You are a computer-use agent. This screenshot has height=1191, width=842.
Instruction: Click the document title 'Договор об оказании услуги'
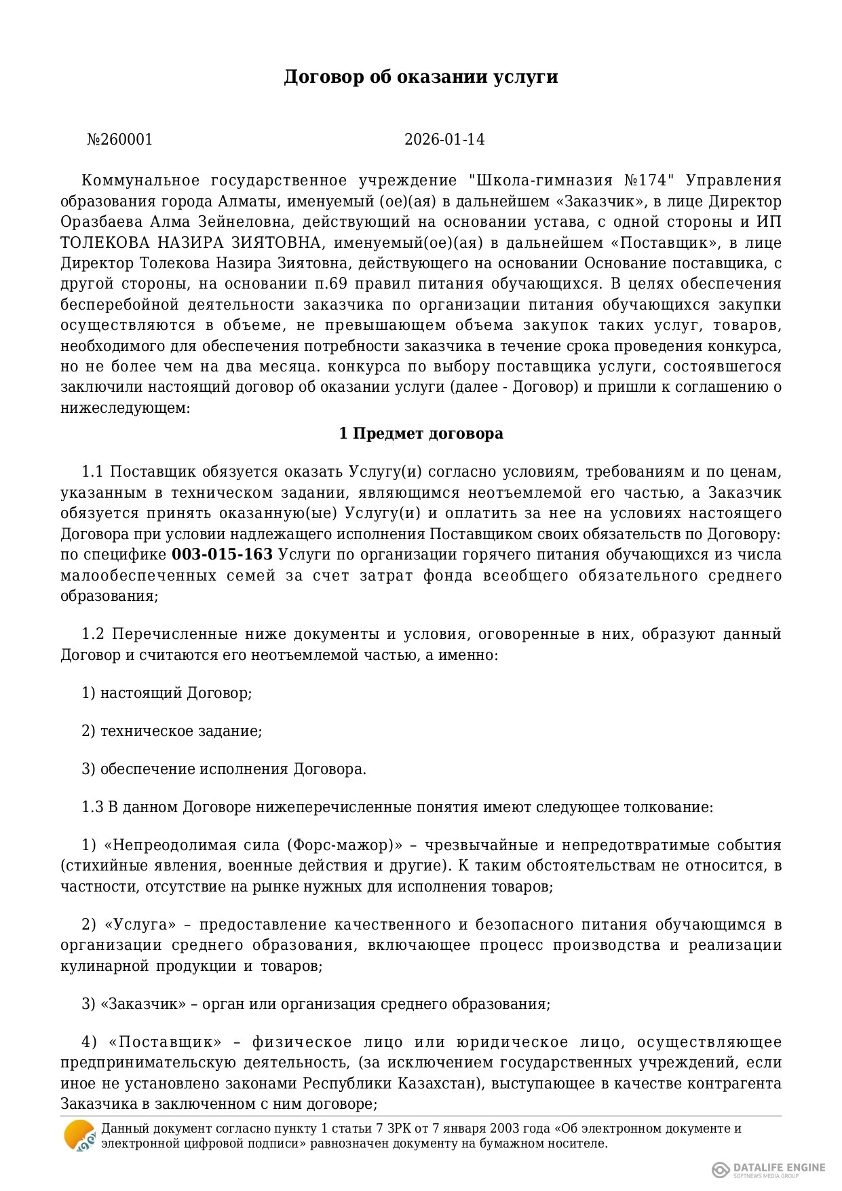point(421,77)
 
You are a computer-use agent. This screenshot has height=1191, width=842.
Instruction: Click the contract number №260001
point(120,140)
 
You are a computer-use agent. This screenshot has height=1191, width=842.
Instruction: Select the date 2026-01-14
point(444,140)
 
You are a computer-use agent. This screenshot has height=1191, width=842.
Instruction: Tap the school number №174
point(649,181)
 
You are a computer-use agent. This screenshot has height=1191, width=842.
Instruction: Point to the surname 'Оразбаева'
point(101,222)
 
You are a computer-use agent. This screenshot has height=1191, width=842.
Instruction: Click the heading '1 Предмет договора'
point(421,434)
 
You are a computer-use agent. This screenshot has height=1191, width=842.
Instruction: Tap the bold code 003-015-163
point(223,555)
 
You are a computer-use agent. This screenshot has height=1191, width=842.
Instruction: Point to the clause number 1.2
point(92,634)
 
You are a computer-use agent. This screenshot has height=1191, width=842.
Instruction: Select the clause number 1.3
point(92,807)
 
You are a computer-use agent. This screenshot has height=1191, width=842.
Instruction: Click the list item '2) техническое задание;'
point(172,731)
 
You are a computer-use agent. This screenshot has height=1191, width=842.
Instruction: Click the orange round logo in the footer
point(79,1135)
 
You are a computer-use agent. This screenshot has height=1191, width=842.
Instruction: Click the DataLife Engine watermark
point(769,1169)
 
